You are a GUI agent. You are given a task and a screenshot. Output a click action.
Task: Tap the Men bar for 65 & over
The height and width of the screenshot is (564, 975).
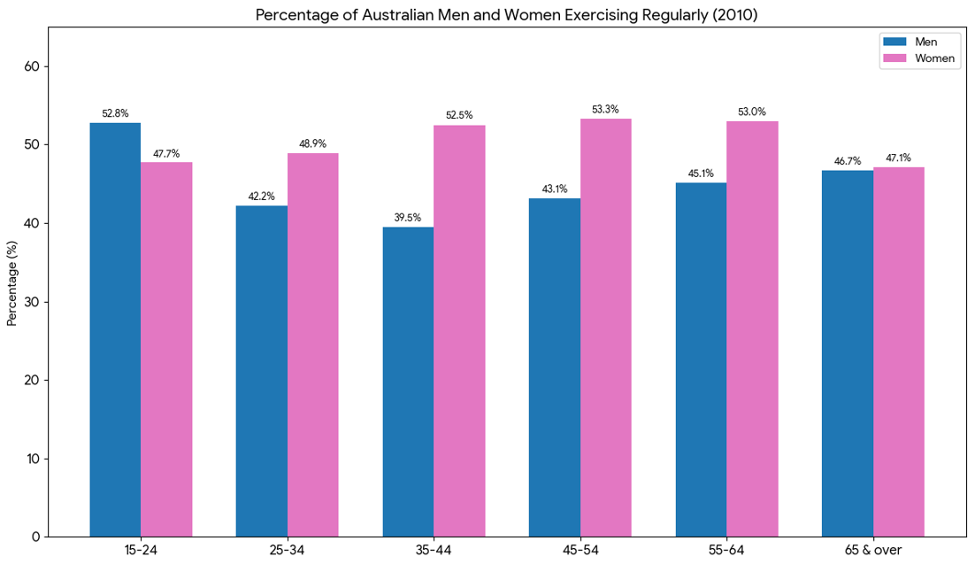pyautogui.click(x=847, y=353)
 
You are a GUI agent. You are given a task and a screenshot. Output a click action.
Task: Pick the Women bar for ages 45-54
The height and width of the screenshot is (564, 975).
pyautogui.click(x=606, y=328)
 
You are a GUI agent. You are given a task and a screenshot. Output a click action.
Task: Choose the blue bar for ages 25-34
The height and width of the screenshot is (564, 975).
pyautogui.click(x=261, y=371)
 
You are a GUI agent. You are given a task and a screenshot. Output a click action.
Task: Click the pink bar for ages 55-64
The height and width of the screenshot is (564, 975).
pyautogui.click(x=752, y=328)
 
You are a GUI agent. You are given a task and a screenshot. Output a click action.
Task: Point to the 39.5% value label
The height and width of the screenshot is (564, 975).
pyautogui.click(x=407, y=217)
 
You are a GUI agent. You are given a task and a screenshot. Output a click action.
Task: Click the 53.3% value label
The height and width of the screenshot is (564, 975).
pyautogui.click(x=605, y=109)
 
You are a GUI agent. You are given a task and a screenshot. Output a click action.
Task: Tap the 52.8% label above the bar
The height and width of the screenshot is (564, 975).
pyautogui.click(x=115, y=113)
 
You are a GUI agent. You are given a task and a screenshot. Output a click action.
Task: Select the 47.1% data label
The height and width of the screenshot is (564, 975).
pyautogui.click(x=898, y=158)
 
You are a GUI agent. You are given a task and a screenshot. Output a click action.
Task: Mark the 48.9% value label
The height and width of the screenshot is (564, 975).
pyautogui.click(x=312, y=143)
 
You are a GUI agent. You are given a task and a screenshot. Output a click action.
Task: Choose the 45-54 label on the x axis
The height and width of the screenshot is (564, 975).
pyautogui.click(x=580, y=550)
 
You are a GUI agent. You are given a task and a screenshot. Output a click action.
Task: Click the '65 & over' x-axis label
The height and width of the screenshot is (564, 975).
pyautogui.click(x=872, y=550)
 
